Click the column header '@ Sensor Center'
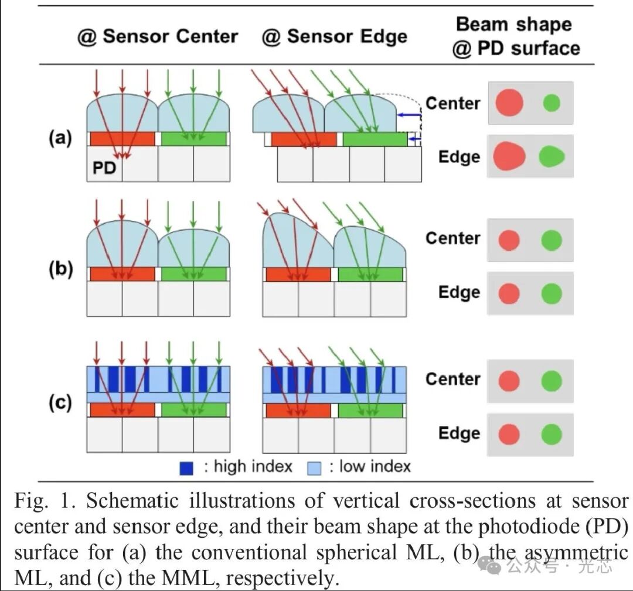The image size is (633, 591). click(158, 36)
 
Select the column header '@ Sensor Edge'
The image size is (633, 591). click(334, 36)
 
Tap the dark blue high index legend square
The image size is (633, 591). click(186, 467)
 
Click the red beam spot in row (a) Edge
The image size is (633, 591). click(509, 156)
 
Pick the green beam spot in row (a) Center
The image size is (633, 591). click(552, 103)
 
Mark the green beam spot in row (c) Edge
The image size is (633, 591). click(552, 434)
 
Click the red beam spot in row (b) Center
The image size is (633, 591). click(509, 240)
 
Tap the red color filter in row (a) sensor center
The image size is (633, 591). click(122, 139)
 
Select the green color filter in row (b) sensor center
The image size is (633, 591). click(193, 274)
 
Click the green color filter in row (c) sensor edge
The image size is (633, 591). click(370, 411)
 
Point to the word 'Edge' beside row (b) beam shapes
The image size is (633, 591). click(459, 292)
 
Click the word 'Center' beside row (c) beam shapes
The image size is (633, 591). click(452, 379)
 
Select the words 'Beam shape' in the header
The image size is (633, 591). click(513, 25)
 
